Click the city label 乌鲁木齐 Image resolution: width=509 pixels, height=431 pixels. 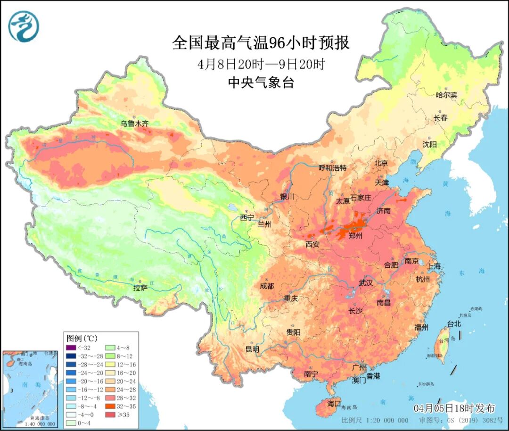tap(134, 124)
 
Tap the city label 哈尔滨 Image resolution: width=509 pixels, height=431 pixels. tap(446, 95)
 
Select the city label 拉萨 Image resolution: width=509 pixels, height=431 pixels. tap(140, 287)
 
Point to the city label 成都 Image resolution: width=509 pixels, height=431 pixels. tap(267, 286)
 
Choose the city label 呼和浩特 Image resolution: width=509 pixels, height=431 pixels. tap(332, 167)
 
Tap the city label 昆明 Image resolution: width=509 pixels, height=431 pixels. tap(252, 349)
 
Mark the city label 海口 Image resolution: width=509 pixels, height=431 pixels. tap(334, 404)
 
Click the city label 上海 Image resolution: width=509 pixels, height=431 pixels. tap(434, 266)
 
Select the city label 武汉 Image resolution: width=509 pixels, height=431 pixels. tap(366, 283)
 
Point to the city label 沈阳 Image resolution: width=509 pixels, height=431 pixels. tap(429, 144)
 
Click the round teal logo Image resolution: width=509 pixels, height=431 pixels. tap(24, 26)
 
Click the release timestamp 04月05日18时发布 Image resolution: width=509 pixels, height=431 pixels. tap(454, 408)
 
